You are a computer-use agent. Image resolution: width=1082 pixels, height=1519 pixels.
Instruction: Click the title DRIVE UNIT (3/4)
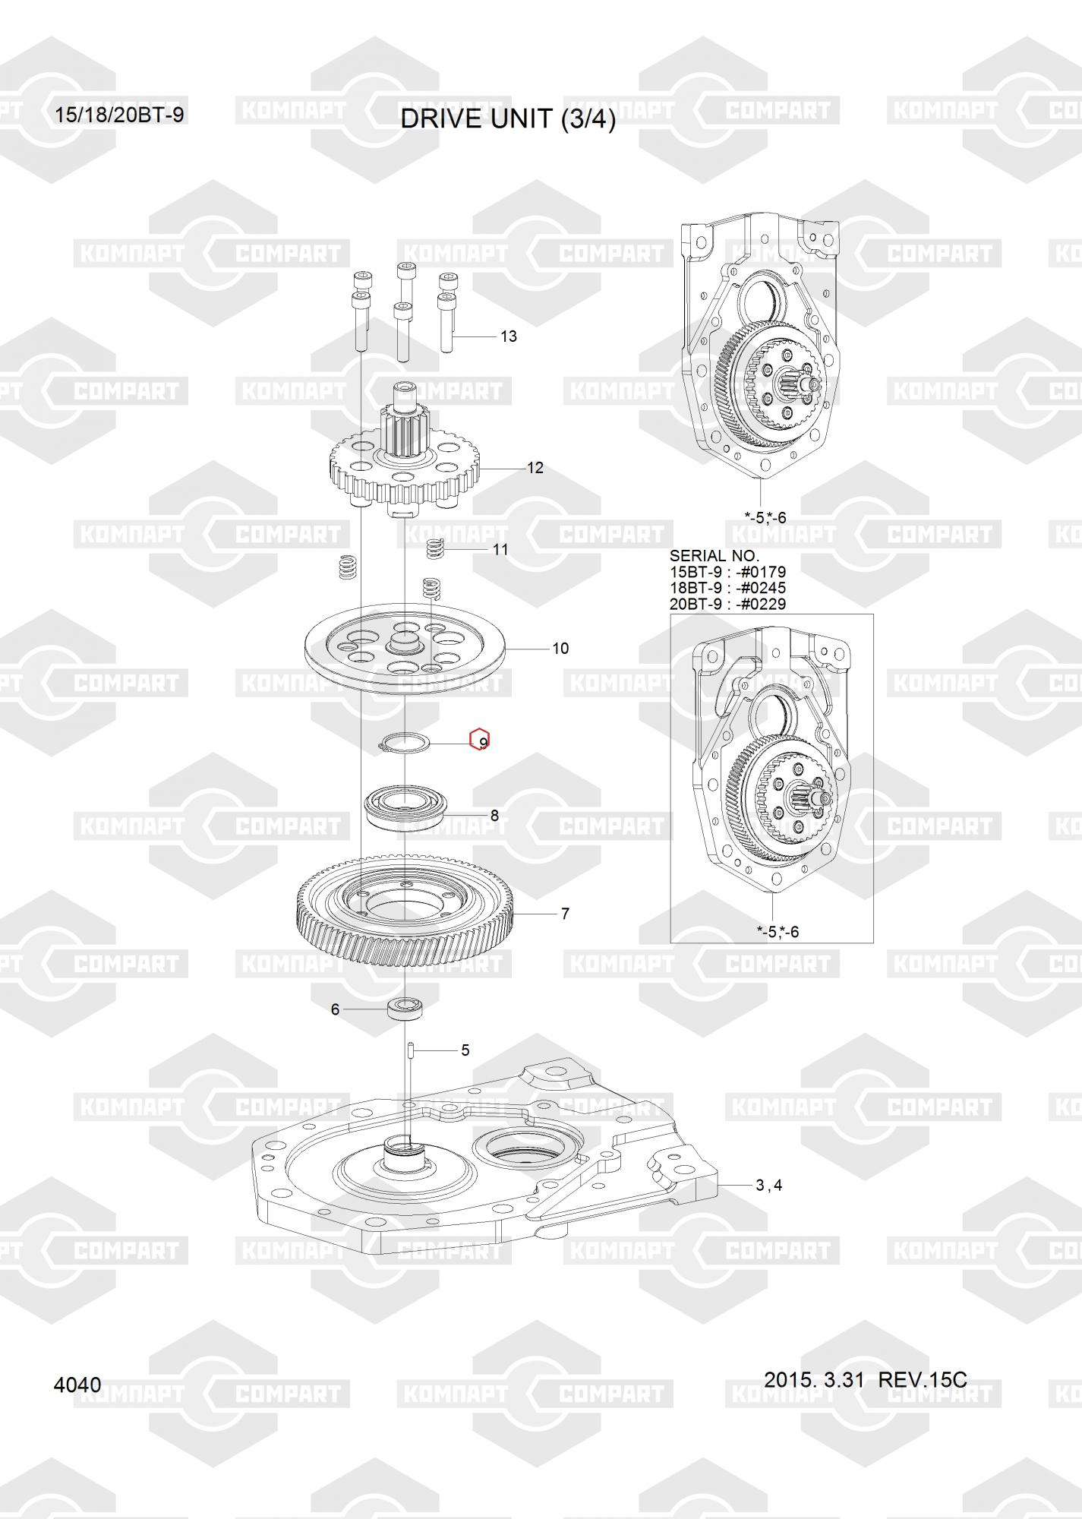coord(508,119)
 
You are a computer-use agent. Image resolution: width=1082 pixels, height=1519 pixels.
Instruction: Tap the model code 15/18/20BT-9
coord(119,115)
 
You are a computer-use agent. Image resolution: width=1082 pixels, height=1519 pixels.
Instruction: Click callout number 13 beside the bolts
coord(509,336)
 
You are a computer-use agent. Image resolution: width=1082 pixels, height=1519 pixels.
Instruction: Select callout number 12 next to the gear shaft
coord(535,468)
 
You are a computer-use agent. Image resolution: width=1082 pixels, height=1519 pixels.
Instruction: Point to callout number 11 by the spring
coord(500,548)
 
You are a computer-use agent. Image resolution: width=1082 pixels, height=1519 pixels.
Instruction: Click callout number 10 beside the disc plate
coord(560,649)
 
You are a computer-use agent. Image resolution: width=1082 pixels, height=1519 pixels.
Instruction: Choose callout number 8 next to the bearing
coord(494,816)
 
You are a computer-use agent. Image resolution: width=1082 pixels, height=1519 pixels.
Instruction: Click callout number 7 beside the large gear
coord(565,914)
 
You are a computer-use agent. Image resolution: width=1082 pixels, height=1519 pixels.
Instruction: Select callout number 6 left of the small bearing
coord(335,1009)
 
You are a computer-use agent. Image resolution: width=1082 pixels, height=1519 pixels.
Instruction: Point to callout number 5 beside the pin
coord(465,1050)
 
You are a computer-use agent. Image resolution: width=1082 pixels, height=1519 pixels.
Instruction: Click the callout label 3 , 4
coord(768,1185)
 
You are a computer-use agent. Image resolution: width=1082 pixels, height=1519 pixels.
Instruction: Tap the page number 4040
coord(77,1385)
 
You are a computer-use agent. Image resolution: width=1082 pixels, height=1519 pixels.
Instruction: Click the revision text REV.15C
coord(923,1379)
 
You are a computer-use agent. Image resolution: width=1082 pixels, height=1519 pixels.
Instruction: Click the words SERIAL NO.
coord(714,556)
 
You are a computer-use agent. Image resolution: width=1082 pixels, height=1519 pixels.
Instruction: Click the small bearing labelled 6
coord(405,1009)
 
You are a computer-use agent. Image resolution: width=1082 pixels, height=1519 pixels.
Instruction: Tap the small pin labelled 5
coord(409,1050)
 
